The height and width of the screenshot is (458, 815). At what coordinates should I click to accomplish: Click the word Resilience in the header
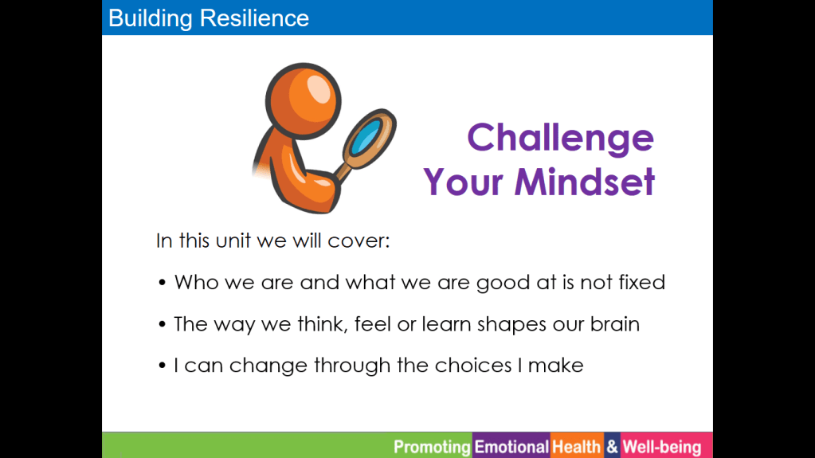click(x=255, y=18)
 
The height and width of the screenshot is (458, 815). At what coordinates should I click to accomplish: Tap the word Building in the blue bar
click(x=151, y=19)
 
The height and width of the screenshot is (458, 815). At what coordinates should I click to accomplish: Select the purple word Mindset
click(x=585, y=182)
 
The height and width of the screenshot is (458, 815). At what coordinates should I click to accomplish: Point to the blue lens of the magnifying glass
click(x=366, y=137)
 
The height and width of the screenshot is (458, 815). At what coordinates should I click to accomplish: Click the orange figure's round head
click(x=303, y=101)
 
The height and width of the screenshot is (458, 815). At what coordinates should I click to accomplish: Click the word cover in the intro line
click(x=359, y=241)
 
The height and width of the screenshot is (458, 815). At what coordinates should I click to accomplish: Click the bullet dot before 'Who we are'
click(x=163, y=283)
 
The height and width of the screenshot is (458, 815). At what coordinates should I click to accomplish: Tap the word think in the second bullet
click(x=323, y=324)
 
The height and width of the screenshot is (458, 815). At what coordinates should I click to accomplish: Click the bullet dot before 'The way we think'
click(x=163, y=324)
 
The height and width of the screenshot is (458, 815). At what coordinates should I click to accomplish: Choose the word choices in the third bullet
click(x=473, y=365)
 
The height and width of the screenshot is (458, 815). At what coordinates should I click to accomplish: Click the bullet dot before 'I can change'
click(x=163, y=366)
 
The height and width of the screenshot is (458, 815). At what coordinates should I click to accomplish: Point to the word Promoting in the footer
click(x=432, y=447)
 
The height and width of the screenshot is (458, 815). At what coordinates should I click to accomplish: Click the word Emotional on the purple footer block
click(x=511, y=447)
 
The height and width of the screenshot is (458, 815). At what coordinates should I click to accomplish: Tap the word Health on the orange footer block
click(x=577, y=447)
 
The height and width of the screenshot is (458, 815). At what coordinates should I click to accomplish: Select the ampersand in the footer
click(x=613, y=447)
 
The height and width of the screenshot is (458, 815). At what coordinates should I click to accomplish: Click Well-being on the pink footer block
click(x=662, y=447)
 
